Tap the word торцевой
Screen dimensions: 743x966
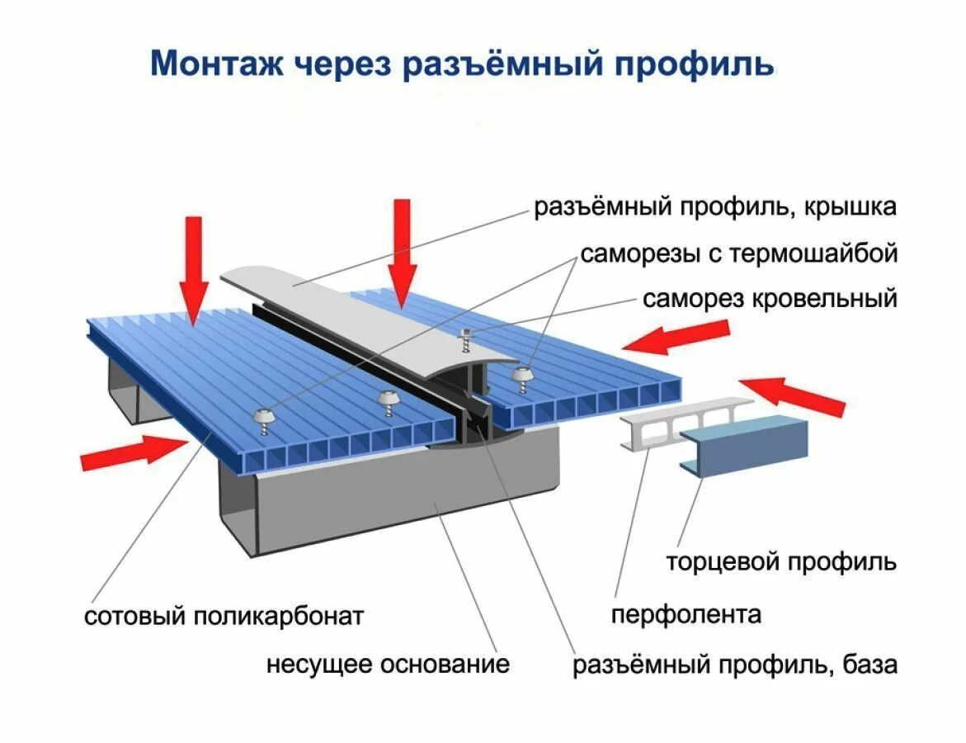click(723, 563)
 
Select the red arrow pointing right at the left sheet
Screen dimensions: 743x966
click(131, 452)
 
